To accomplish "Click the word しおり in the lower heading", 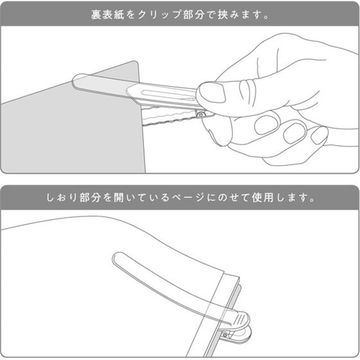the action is point(61,198).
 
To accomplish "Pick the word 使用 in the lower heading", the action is point(262,198).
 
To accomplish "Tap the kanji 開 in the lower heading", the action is point(119,198).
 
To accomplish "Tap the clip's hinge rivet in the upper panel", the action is point(201,114).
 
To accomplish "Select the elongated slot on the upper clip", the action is point(168,94).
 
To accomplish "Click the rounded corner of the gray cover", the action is point(135,63).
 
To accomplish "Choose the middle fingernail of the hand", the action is point(295,133).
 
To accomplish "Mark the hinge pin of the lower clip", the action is point(225,335).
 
